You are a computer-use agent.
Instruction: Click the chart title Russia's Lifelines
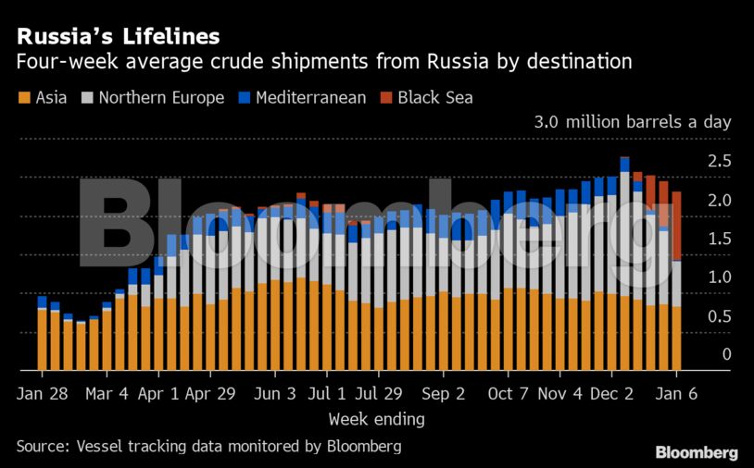click(118, 36)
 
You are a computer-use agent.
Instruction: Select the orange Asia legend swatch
click(23, 97)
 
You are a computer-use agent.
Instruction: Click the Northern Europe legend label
click(161, 97)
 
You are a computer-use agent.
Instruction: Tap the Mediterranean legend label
click(311, 97)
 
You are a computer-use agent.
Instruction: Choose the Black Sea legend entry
click(435, 97)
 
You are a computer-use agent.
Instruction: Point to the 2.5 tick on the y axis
click(720, 162)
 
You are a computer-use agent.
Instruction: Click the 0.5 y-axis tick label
click(720, 316)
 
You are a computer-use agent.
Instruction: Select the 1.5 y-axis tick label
click(720, 240)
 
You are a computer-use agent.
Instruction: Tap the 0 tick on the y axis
click(726, 355)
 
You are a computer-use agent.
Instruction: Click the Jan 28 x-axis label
click(42, 393)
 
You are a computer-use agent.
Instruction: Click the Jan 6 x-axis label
click(677, 393)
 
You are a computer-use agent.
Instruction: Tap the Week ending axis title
click(376, 419)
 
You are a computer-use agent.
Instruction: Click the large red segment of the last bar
click(677, 227)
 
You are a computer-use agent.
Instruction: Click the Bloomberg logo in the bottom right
click(697, 452)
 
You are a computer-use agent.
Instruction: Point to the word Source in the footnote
click(44, 446)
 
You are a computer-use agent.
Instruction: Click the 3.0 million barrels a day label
click(633, 122)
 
